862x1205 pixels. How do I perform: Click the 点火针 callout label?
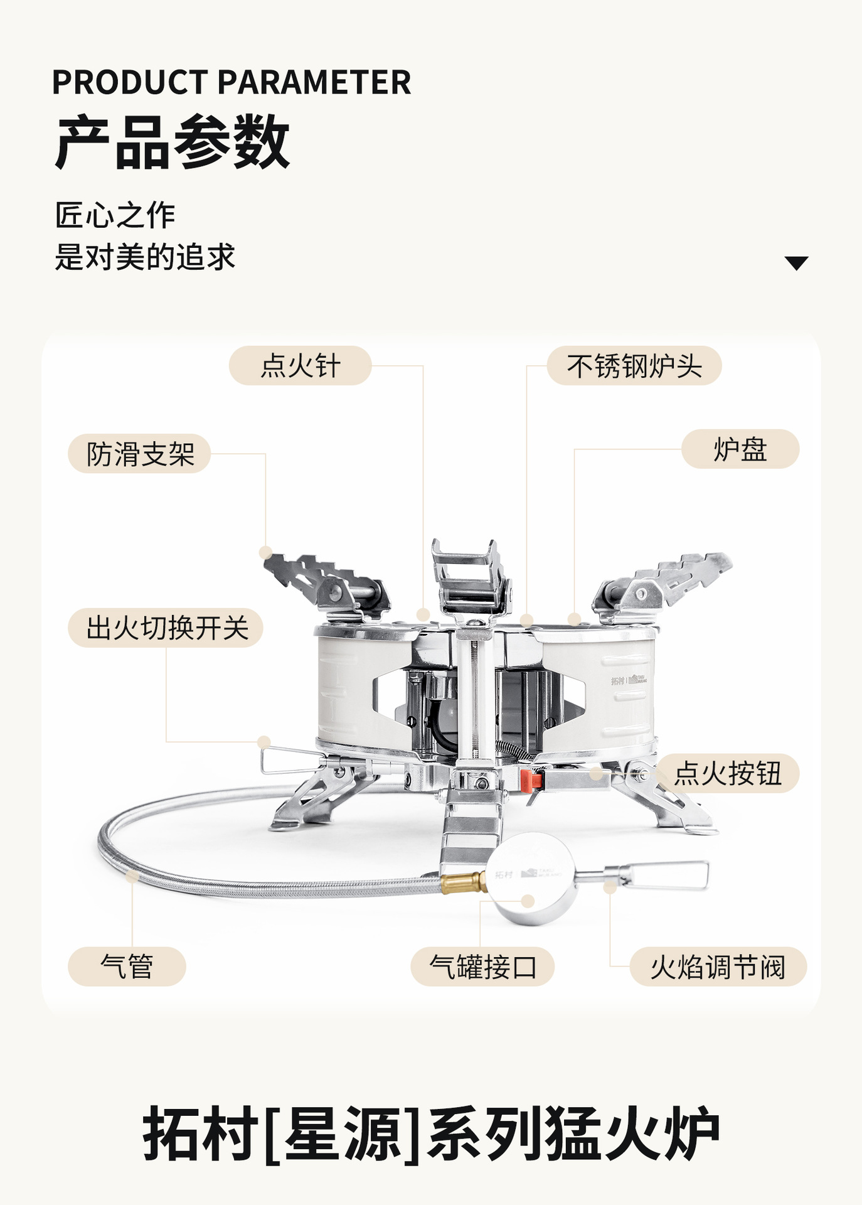pyautogui.click(x=300, y=365)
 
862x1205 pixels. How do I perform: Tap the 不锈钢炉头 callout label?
pyautogui.click(x=634, y=365)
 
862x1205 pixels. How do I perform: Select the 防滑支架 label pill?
pyautogui.click(x=139, y=453)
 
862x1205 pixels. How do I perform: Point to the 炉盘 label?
pyautogui.click(x=740, y=449)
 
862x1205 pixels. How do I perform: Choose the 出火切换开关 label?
pyautogui.click(x=166, y=628)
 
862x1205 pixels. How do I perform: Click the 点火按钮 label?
pyautogui.click(x=728, y=773)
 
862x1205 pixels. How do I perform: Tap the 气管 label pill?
pyautogui.click(x=127, y=966)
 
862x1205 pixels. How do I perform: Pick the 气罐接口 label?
pyautogui.click(x=482, y=966)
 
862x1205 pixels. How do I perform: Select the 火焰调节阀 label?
pyautogui.click(x=718, y=966)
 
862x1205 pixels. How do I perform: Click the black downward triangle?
pyautogui.click(x=796, y=263)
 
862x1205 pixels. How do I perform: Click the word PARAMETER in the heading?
pyautogui.click(x=314, y=82)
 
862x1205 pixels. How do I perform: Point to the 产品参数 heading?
pyautogui.click(x=173, y=142)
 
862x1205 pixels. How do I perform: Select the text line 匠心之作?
pyautogui.click(x=115, y=215)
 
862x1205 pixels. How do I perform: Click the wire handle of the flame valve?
pyautogui.click(x=665, y=875)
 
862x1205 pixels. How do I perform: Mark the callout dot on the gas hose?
pyautogui.click(x=132, y=876)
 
